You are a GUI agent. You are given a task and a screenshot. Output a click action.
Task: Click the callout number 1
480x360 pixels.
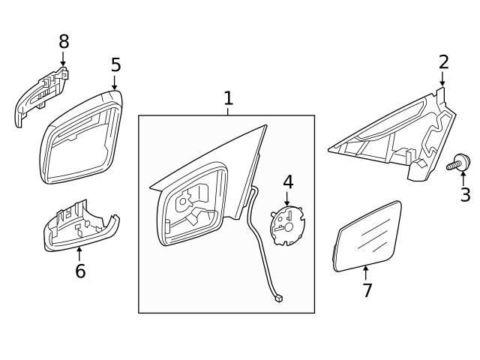coord(228,97)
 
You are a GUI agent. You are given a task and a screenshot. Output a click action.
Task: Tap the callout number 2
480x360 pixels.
coord(443,61)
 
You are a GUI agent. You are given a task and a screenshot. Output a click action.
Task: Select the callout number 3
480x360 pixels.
coord(465,196)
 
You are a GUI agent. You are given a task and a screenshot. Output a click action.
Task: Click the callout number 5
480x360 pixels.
coord(115,65)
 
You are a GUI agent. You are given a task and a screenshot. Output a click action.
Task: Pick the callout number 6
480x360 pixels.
coord(80,271)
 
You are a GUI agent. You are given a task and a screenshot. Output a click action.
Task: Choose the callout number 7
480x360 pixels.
coord(367,290)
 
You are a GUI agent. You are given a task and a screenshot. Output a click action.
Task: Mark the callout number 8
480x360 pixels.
coord(64,42)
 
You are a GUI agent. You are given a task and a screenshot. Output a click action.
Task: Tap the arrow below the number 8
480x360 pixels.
coord(63,59)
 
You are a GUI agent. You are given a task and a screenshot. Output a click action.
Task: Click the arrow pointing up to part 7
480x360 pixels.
coord(366,273)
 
